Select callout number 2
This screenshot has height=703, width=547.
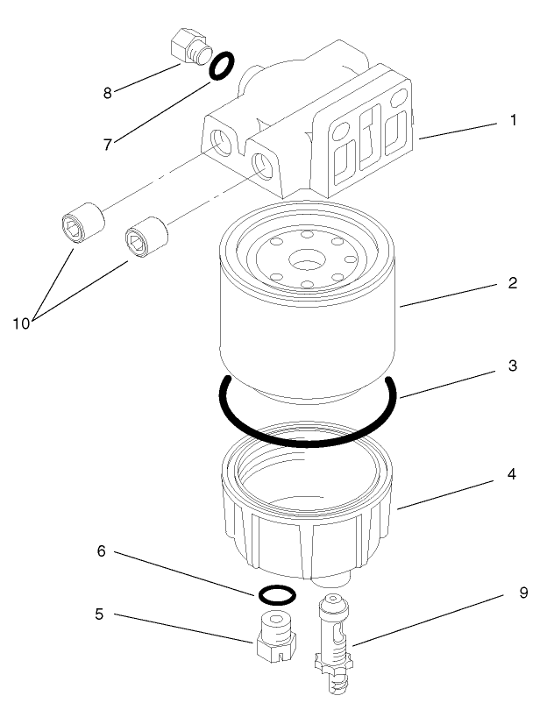(512, 284)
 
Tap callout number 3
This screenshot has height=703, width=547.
(512, 366)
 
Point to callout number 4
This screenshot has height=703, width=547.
(512, 474)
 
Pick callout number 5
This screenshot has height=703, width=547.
(99, 614)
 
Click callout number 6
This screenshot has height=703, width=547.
(102, 551)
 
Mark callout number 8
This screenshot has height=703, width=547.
(108, 92)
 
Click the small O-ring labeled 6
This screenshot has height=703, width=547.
(276, 594)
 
